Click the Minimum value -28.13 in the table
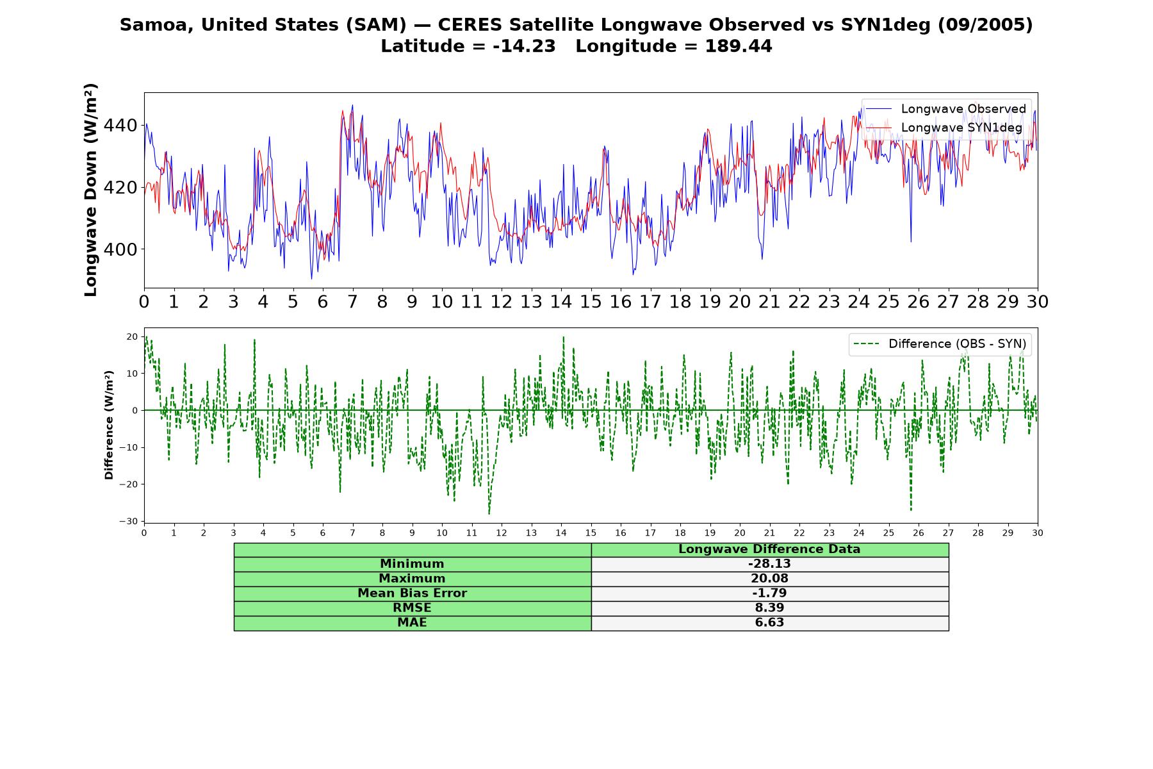pyautogui.click(x=769, y=564)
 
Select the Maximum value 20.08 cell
pyautogui.click(x=769, y=579)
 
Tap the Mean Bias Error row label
pyautogui.click(x=412, y=593)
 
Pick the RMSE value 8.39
pyautogui.click(x=769, y=608)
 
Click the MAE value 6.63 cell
pyautogui.click(x=769, y=623)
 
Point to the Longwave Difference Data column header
pyautogui.click(x=769, y=549)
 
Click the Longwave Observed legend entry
pyautogui.click(x=946, y=109)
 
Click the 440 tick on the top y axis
pyautogui.click(x=120, y=126)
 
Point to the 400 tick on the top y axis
pyautogui.click(x=120, y=250)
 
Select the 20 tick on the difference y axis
pyautogui.click(x=133, y=336)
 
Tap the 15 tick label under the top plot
pyautogui.click(x=591, y=302)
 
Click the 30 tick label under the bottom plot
pyautogui.click(x=1038, y=533)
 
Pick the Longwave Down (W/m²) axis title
pyautogui.click(x=91, y=190)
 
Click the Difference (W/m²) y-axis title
pyautogui.click(x=109, y=425)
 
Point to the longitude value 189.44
pyautogui.click(x=739, y=46)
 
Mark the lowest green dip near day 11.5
pyautogui.click(x=489, y=513)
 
